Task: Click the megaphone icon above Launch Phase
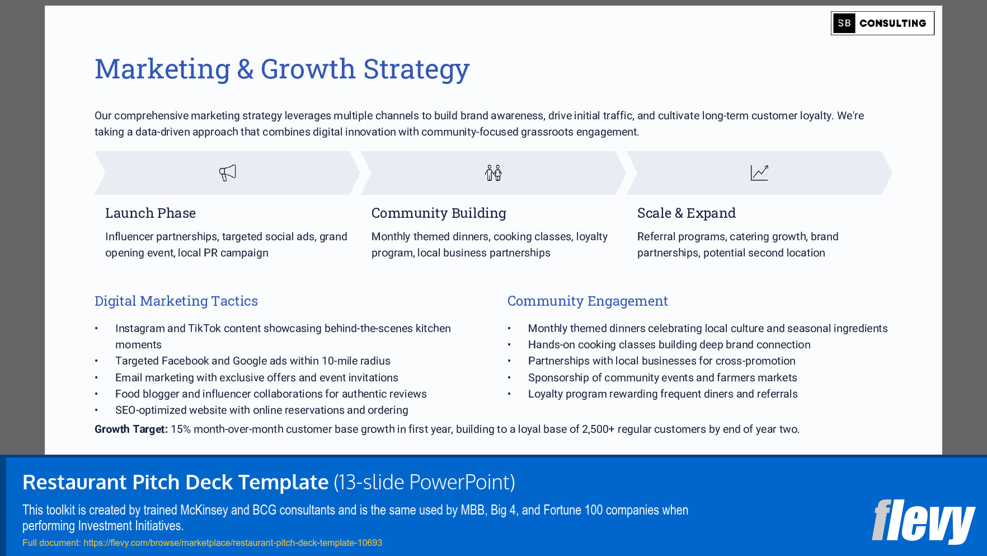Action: point(227,172)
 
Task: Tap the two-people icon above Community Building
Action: point(493,172)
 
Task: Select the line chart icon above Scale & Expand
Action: point(759,172)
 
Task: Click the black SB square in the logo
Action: point(844,24)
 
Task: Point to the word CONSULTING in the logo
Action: point(892,24)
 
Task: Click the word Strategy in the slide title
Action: point(416,69)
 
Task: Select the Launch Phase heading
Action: point(150,213)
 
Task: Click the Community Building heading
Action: point(438,213)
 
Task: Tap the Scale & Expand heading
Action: point(686,213)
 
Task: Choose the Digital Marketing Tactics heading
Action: point(176,301)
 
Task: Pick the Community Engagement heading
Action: point(587,301)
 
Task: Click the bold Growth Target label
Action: point(130,429)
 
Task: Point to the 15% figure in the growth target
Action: point(180,429)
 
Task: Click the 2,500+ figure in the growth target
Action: point(598,429)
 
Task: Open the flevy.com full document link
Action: point(232,543)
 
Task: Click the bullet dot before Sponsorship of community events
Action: point(509,378)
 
